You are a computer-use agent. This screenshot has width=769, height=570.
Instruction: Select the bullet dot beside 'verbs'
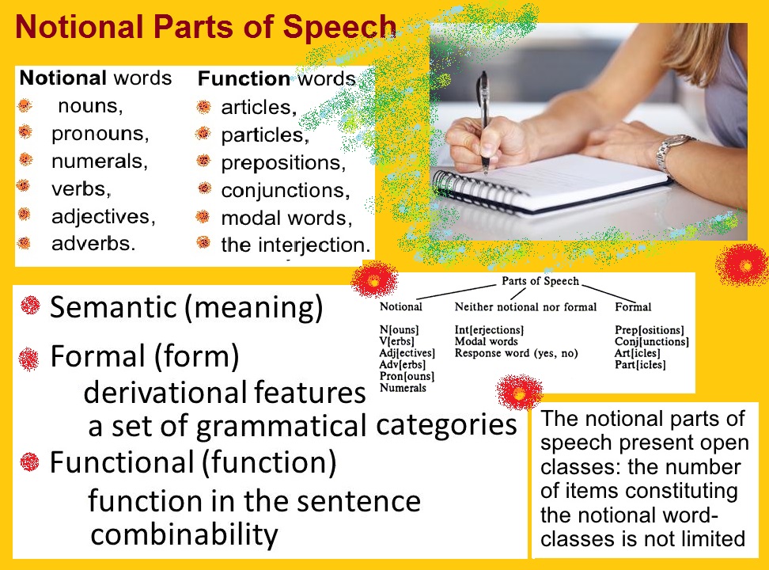23,185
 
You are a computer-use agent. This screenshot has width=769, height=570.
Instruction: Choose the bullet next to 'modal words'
203,216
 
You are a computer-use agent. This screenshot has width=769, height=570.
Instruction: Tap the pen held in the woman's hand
483,120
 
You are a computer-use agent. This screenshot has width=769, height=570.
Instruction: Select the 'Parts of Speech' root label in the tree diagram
540,281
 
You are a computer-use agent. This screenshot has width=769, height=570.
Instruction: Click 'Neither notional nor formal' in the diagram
525,307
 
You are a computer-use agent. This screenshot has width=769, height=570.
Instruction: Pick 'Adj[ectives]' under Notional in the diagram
407,353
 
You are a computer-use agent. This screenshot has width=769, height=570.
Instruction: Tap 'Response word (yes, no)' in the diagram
516,353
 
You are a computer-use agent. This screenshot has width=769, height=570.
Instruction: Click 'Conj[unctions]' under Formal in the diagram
652,341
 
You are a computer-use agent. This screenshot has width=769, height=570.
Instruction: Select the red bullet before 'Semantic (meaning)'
30,306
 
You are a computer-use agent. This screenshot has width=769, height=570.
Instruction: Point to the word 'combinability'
184,534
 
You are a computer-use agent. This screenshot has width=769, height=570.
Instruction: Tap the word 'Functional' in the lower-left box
122,462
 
